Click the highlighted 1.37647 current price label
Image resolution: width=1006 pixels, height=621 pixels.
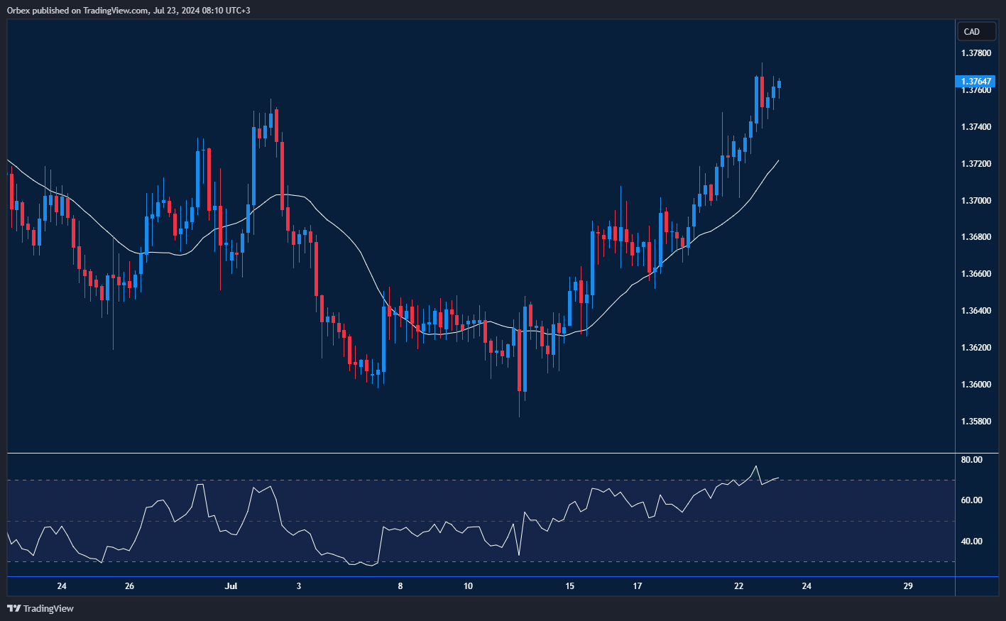pos(976,82)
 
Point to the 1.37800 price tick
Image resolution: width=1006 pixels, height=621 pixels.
pos(976,53)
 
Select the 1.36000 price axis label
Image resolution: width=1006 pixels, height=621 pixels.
pos(976,385)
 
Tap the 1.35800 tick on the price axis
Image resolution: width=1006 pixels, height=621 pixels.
pos(976,422)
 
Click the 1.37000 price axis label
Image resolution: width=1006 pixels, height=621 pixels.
pos(976,201)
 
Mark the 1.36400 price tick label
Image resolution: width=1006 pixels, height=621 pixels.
pos(976,311)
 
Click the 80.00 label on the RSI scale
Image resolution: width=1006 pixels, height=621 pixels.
pos(971,460)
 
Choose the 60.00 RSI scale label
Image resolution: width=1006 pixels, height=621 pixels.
pos(971,500)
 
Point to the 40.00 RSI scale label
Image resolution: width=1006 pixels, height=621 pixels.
pos(971,542)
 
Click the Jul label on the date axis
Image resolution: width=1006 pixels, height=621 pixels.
pos(231,586)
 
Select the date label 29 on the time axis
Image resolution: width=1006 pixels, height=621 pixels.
pos(908,586)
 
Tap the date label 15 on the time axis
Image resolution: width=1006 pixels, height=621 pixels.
pos(569,586)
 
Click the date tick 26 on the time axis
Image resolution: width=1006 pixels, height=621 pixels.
pos(129,586)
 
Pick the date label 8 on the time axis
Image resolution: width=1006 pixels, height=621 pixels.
pos(400,586)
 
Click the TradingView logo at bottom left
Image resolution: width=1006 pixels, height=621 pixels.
pos(40,608)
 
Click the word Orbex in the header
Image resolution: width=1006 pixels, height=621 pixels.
pos(18,10)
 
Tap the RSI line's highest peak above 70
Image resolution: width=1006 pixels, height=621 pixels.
pos(755,466)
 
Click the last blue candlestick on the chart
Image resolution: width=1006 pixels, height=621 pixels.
pos(779,84)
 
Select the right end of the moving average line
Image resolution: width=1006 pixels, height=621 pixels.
pos(779,161)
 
